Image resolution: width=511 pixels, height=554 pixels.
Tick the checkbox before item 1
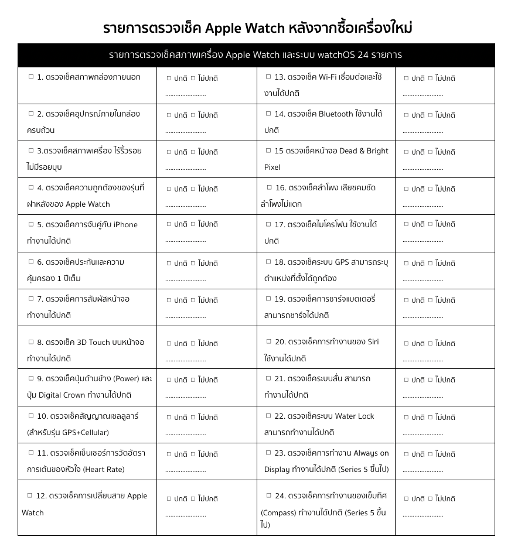31,77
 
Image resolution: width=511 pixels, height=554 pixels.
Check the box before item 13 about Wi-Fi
268,77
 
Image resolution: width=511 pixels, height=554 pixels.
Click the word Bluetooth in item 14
336,114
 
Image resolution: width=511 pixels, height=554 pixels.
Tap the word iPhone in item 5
125,225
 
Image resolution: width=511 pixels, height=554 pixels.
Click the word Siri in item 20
373,342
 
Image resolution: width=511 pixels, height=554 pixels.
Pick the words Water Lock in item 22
355,416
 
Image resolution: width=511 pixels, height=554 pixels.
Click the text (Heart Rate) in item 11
104,470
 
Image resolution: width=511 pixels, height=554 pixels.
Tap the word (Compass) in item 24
278,513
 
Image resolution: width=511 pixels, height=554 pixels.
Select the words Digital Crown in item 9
62,395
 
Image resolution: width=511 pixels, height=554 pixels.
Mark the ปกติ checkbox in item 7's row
169,300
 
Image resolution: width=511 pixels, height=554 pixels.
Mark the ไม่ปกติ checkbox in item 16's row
430,189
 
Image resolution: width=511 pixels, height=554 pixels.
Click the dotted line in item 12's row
186,515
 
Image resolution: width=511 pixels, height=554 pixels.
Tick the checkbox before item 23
268,453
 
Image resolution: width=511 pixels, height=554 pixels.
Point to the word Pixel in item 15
272,167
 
